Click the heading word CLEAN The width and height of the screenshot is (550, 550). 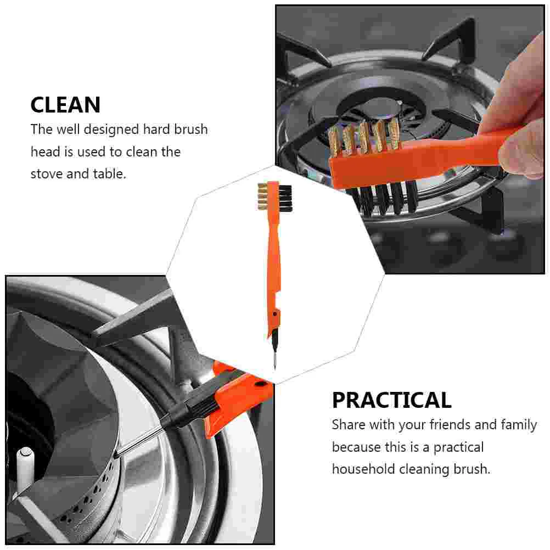pos(65,105)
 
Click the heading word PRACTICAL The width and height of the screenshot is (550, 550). pos(391,400)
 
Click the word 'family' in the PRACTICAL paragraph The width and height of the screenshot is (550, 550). pos(519,425)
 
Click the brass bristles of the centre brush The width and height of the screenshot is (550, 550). pos(262,197)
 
